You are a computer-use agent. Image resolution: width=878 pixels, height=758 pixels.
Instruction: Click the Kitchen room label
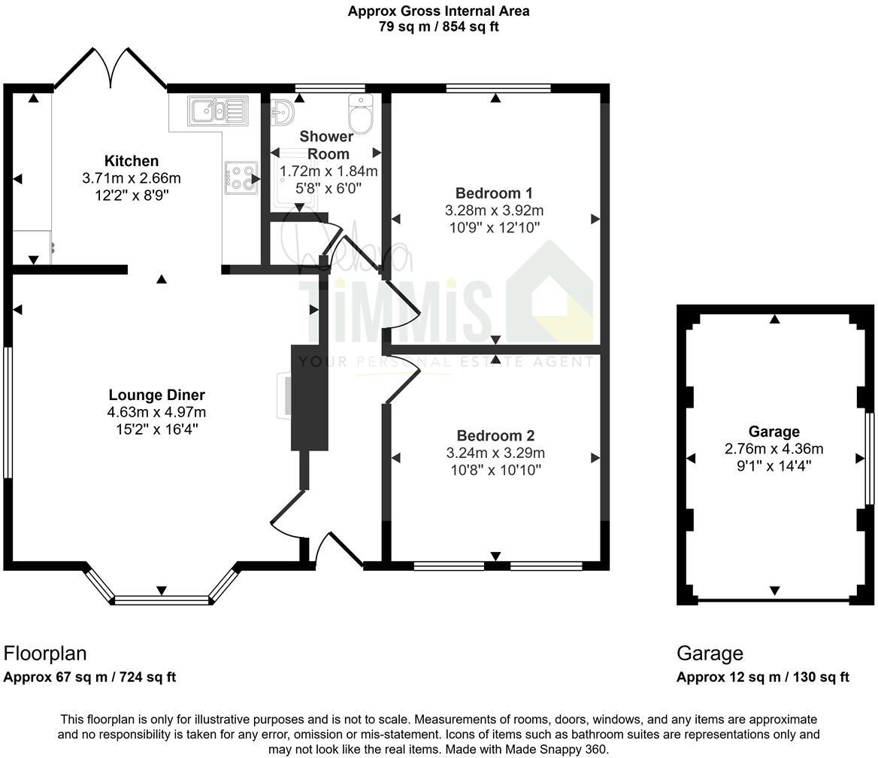[x=132, y=161]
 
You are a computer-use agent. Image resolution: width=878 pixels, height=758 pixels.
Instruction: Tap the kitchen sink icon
[x=218, y=111]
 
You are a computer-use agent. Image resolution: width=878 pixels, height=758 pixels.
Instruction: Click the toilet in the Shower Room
[x=361, y=114]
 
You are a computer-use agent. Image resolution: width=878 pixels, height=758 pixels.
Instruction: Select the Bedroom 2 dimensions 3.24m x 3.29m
[x=495, y=453]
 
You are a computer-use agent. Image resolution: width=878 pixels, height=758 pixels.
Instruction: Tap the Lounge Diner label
[x=156, y=395]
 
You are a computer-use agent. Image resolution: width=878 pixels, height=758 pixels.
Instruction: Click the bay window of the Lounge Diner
[x=162, y=599]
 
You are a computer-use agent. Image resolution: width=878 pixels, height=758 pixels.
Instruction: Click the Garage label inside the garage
[x=774, y=432]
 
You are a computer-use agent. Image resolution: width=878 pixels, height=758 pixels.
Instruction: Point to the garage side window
[x=868, y=459]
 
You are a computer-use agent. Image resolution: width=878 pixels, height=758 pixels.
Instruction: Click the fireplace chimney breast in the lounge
[x=309, y=397]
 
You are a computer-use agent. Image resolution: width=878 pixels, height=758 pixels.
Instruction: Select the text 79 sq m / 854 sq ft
[x=438, y=26]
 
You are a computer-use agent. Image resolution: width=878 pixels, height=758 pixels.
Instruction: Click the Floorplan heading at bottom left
[x=45, y=653]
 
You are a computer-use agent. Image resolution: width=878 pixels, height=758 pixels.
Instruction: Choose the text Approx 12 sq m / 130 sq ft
[x=762, y=677]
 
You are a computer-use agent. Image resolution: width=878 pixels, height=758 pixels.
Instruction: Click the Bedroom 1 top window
[x=498, y=88]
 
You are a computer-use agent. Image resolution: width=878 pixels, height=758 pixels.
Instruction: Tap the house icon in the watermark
[x=553, y=293]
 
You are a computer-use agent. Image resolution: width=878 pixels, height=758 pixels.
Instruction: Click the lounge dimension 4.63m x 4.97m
[x=156, y=412]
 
